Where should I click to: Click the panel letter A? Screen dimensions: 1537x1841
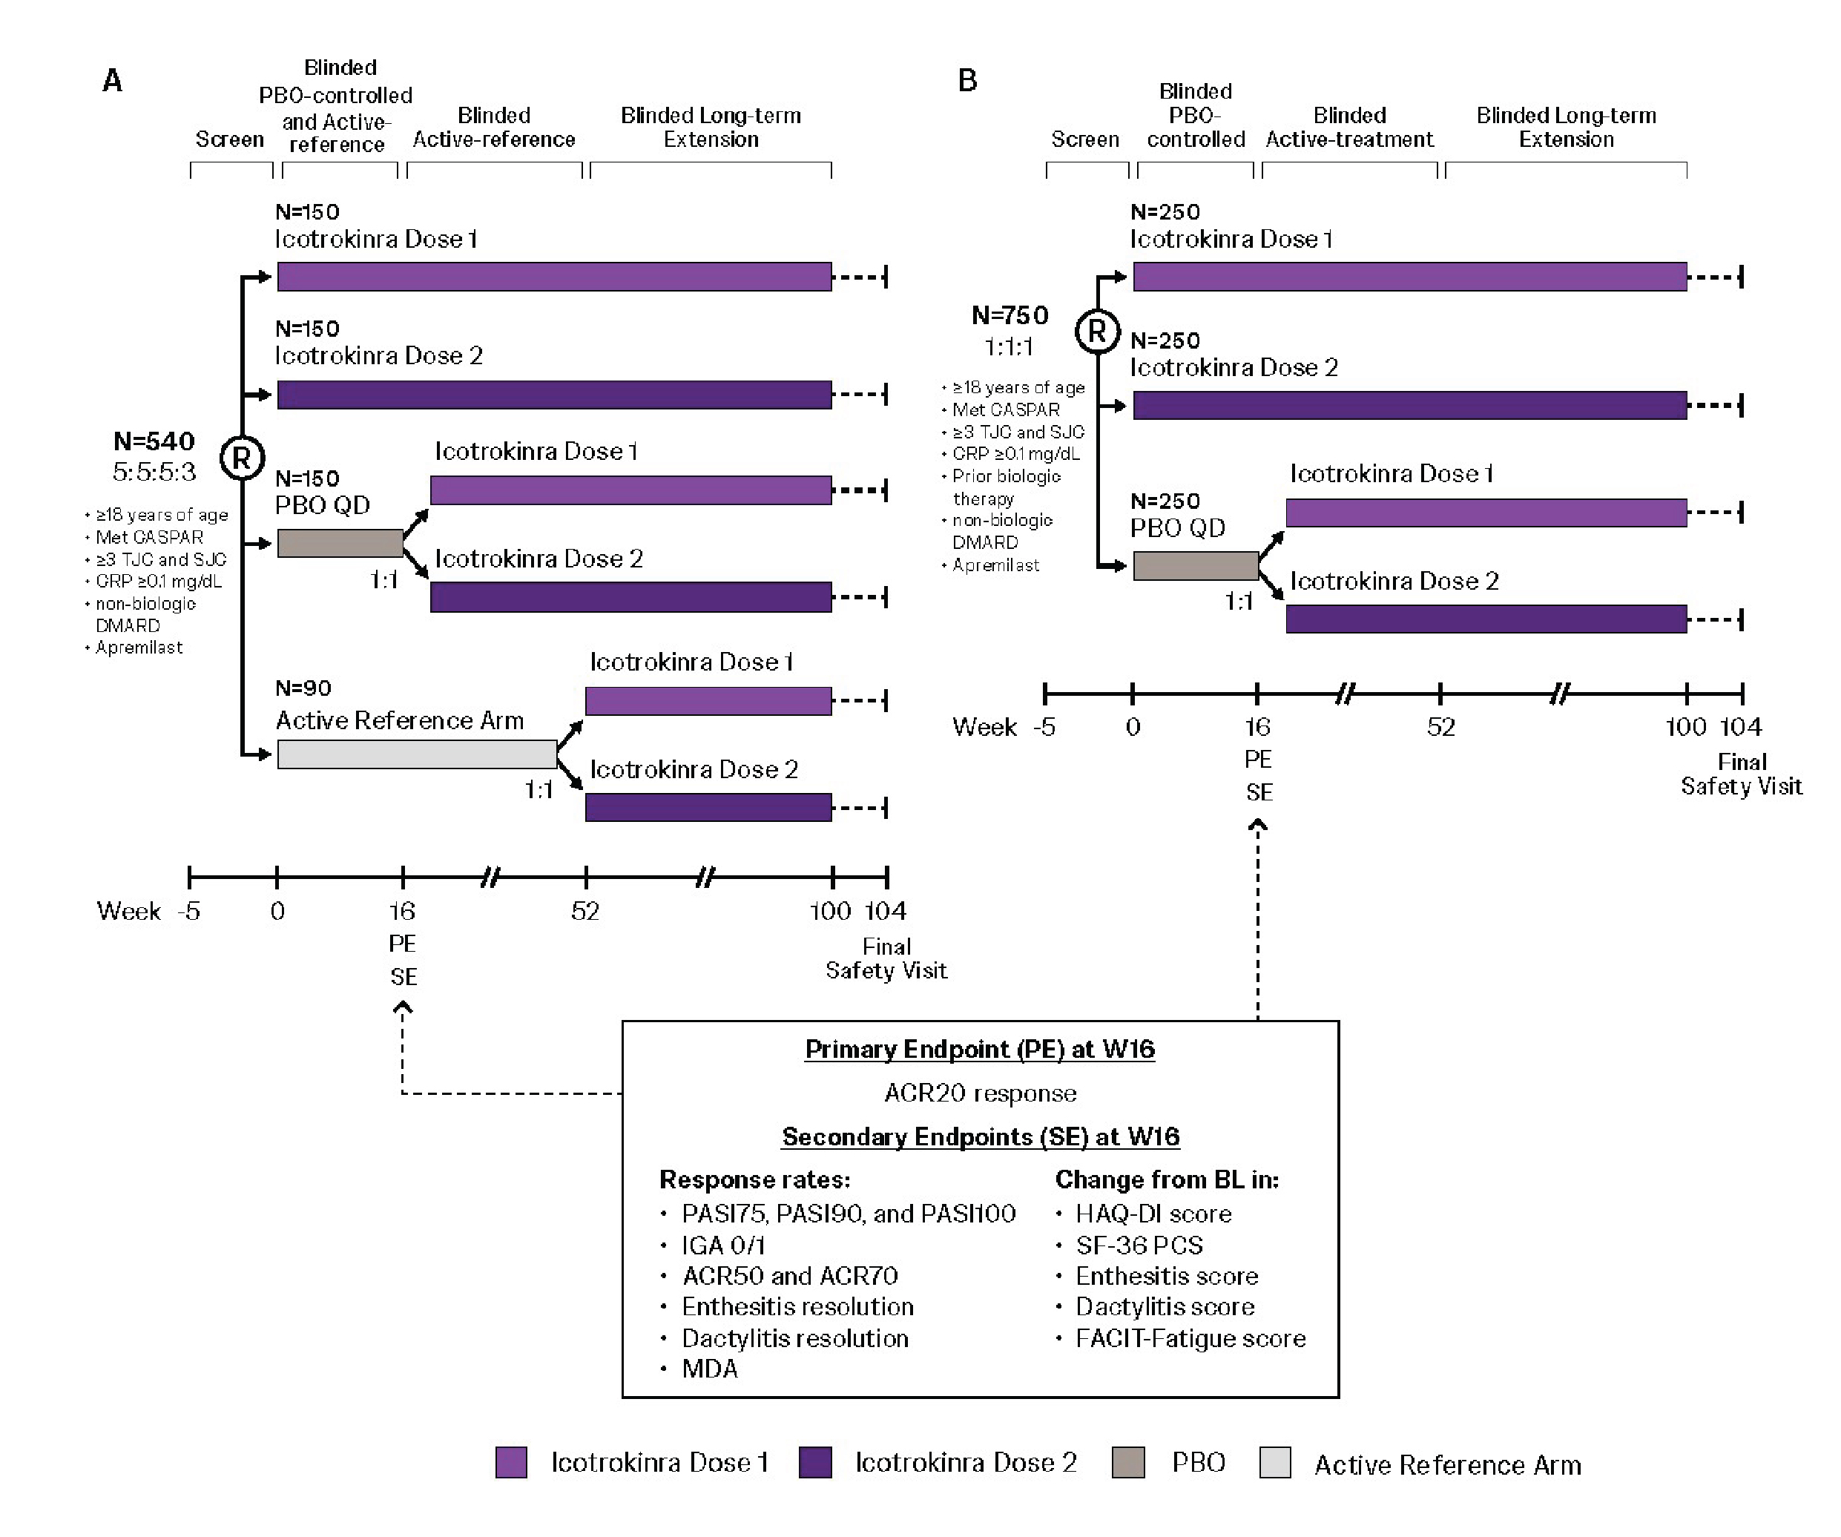coord(112,81)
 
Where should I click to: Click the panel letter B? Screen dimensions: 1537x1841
coord(967,81)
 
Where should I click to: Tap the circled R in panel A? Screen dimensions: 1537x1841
coord(242,458)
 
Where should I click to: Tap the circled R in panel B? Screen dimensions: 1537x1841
coord(1097,332)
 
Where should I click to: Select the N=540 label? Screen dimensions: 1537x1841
coord(154,441)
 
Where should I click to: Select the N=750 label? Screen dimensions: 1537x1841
coord(1010,315)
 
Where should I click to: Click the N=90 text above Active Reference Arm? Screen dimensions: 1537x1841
coord(303,688)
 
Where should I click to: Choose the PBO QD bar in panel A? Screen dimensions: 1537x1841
coord(340,544)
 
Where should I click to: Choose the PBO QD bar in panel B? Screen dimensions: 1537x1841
coord(1195,565)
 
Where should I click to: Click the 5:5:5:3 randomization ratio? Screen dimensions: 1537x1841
coord(154,472)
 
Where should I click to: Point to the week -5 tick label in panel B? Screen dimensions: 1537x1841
coord(1044,727)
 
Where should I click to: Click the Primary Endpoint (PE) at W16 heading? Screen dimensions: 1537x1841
coord(979,1050)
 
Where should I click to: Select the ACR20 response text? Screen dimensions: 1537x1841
coord(979,1093)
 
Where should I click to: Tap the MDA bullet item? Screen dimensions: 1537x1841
coord(709,1369)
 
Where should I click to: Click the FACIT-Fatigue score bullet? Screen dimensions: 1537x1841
coord(1190,1338)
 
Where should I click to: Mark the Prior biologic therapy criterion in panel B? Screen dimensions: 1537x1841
coord(1006,487)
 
